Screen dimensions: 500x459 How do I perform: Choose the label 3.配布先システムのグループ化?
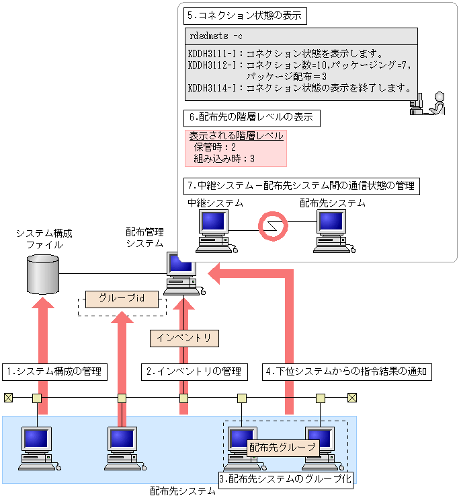pos(286,478)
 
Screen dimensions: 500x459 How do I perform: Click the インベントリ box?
pos(183,338)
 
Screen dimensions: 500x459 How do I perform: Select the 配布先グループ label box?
pos(282,446)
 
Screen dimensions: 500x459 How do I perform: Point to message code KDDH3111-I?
pos(211,53)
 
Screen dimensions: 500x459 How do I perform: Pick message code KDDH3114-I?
pos(211,87)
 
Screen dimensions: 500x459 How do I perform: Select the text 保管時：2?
pos(214,147)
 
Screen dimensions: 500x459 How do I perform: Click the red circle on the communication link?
pos(274,225)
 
